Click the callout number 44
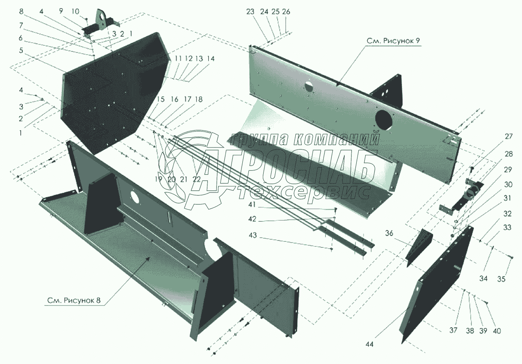[x=370, y=344]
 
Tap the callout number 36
[x=389, y=233]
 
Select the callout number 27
[x=509, y=136]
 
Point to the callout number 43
[x=253, y=235]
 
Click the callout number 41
[x=252, y=205]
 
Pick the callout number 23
[x=250, y=12]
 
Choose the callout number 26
[x=286, y=12]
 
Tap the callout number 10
[x=75, y=11]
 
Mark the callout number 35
[x=501, y=279]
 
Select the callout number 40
[x=497, y=331]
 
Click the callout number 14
[x=210, y=59]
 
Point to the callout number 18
[x=199, y=99]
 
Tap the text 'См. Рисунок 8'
[x=74, y=300]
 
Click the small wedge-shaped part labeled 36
[x=419, y=247]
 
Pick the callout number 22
[x=197, y=179]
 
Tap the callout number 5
[x=21, y=50]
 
